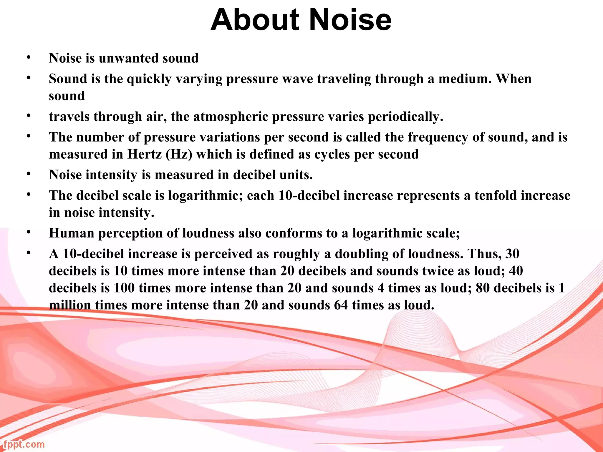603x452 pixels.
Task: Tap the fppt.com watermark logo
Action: coord(24,444)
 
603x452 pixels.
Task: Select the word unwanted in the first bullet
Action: coord(128,58)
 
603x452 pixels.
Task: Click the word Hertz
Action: coord(144,154)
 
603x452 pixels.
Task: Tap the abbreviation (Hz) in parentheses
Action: coord(179,154)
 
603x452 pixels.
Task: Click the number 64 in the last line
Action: coord(341,305)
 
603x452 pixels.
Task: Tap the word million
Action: coord(70,305)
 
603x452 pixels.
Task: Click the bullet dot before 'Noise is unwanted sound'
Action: coord(29,57)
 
